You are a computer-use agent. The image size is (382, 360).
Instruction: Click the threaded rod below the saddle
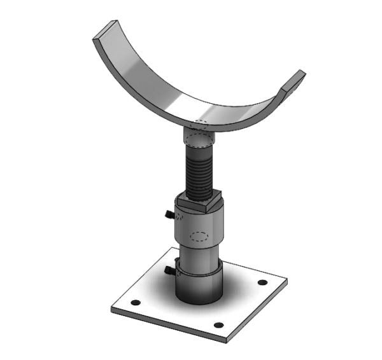(x=199, y=169)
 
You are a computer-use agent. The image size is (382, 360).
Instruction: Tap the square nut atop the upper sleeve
(x=199, y=204)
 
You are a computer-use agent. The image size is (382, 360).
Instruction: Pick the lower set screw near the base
(x=169, y=272)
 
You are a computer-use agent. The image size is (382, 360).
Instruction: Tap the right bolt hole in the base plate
(x=262, y=282)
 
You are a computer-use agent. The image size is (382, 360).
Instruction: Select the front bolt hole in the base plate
(x=218, y=325)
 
